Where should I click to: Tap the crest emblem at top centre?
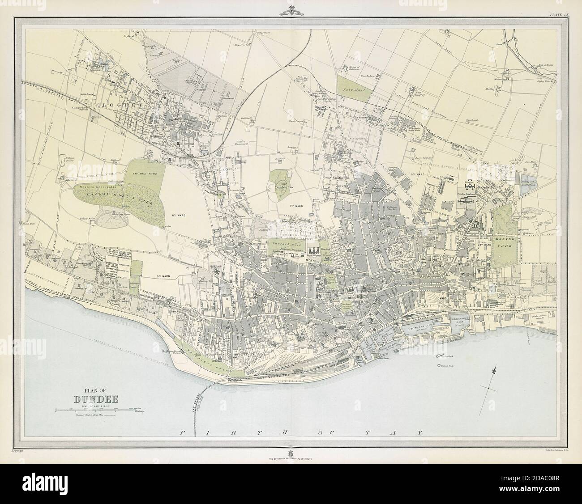point(291,10)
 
